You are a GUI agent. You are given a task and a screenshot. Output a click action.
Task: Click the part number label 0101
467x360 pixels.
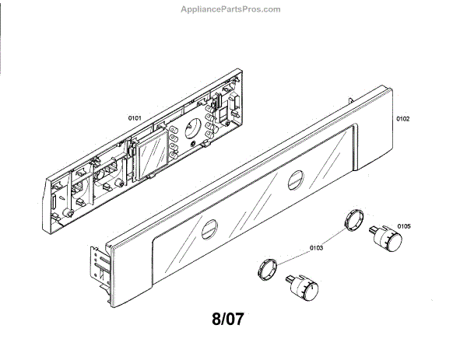[134, 117]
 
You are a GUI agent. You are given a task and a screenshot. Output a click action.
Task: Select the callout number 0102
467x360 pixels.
[402, 119]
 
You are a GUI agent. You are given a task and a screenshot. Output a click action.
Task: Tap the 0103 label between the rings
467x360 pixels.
[315, 249]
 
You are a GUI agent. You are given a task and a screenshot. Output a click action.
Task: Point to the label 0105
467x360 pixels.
[403, 226]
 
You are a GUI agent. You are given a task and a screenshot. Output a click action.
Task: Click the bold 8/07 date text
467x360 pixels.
[233, 319]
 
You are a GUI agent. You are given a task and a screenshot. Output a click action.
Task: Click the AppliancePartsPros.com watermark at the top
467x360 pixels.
[230, 9]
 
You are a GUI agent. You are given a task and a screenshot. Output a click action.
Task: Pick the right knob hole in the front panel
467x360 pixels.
[294, 182]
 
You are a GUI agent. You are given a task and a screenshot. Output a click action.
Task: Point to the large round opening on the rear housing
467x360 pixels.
[195, 128]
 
